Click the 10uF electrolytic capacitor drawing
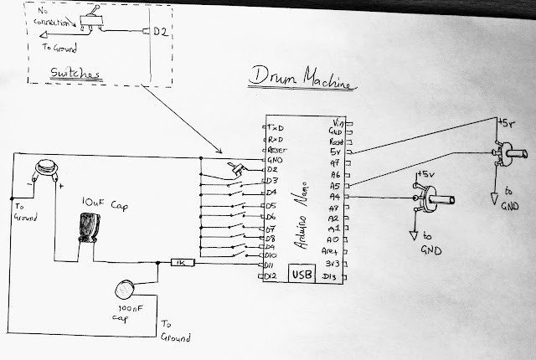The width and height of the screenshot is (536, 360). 87,227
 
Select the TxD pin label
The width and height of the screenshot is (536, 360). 275,126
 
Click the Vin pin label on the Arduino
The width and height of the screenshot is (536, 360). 338,122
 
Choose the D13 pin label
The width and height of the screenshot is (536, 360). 333,276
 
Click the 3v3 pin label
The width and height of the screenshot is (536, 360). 334,263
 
